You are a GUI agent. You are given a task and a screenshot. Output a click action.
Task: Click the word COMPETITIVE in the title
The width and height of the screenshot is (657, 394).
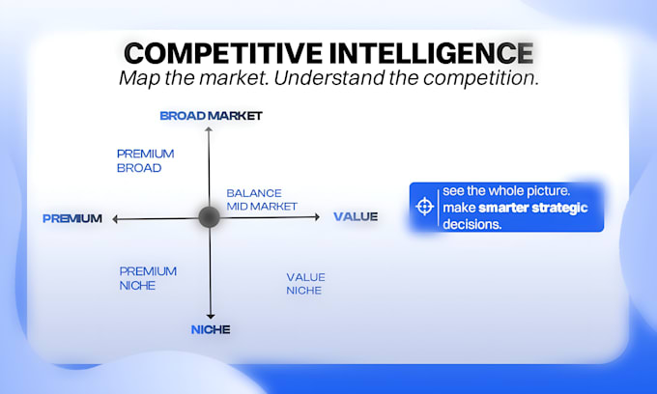pos(224,53)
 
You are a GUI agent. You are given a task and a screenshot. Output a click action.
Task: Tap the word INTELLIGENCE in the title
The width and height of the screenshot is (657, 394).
pos(431,53)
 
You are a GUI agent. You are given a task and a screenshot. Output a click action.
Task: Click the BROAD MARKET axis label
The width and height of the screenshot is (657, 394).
pos(211,116)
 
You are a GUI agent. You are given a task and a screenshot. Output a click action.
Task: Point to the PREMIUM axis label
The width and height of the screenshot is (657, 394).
pos(72,218)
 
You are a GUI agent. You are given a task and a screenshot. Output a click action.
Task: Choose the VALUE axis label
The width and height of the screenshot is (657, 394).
pos(356,216)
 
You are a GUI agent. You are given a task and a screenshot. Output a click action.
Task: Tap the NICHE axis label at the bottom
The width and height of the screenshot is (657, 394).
pos(211,329)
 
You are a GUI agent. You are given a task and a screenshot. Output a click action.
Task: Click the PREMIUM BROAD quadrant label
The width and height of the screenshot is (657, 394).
pos(145,160)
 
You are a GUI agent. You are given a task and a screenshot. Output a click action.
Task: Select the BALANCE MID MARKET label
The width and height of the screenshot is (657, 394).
pos(262,200)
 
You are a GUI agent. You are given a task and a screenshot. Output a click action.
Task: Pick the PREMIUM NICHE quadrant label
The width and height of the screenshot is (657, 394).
pos(148,278)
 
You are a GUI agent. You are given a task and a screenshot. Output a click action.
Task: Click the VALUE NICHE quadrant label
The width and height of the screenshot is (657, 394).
pos(305,284)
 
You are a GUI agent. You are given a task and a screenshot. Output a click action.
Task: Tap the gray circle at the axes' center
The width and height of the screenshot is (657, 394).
pos(209,217)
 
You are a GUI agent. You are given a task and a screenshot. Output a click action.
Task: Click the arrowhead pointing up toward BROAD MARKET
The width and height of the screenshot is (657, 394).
pos(209,129)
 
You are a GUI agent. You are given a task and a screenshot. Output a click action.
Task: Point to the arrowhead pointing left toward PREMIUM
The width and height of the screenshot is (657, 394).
pos(115,219)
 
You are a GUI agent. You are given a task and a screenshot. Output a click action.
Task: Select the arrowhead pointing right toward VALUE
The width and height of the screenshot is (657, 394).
pos(317,217)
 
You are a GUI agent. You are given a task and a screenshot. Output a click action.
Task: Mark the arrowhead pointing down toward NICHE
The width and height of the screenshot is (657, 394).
pos(211,316)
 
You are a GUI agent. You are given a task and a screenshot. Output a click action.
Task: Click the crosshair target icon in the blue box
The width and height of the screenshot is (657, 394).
pos(424,207)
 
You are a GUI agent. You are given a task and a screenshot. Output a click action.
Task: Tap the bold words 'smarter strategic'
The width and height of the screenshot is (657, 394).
pos(533,208)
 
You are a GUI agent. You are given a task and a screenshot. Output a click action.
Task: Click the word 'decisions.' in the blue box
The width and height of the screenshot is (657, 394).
pos(471,224)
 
